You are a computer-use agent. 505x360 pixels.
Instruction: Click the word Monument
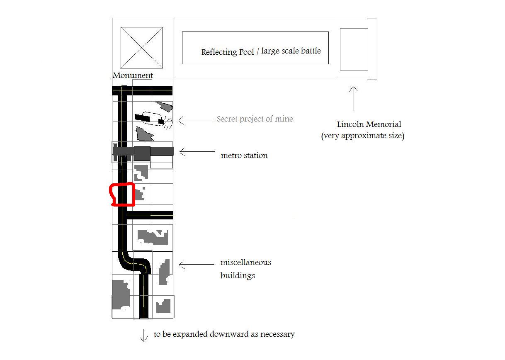coord(133,75)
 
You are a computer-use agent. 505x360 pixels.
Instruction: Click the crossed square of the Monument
coord(142,48)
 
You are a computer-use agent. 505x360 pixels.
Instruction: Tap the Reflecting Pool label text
coord(228,52)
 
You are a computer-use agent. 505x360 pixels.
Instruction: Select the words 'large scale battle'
coord(291,51)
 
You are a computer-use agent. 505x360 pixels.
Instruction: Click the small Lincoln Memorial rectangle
coord(354,49)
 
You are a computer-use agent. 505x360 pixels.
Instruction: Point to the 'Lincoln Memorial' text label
coord(369,124)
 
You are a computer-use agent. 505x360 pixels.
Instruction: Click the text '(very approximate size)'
coord(362,136)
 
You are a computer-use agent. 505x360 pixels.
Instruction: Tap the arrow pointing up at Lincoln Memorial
coord(354,99)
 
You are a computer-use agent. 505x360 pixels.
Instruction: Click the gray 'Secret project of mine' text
coord(255,119)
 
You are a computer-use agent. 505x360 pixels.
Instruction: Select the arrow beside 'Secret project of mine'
coord(196,120)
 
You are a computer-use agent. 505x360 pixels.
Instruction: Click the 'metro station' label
coord(244,155)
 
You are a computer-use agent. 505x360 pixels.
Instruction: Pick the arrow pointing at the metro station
coord(197,152)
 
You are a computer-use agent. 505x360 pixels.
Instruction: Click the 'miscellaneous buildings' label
coord(246,269)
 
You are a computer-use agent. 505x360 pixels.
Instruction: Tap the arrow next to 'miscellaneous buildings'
coord(197,264)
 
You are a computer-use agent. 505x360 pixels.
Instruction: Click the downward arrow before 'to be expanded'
coord(143,336)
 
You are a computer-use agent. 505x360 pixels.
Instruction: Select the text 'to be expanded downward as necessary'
coord(224,334)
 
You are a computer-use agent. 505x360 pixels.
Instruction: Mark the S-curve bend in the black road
coord(134,264)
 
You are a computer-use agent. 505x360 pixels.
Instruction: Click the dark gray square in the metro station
coord(142,153)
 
